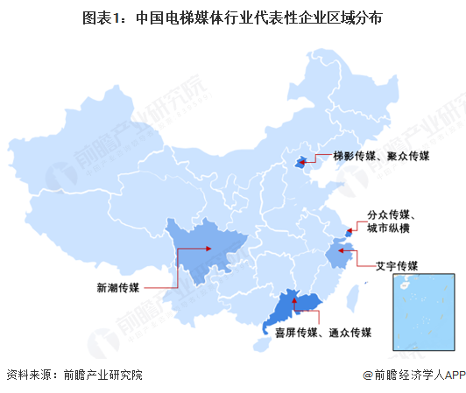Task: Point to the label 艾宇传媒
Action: (396, 265)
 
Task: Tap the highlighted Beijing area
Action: (303, 160)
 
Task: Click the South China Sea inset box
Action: (425, 307)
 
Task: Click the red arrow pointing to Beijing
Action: (316, 157)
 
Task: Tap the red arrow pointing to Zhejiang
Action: (355, 256)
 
